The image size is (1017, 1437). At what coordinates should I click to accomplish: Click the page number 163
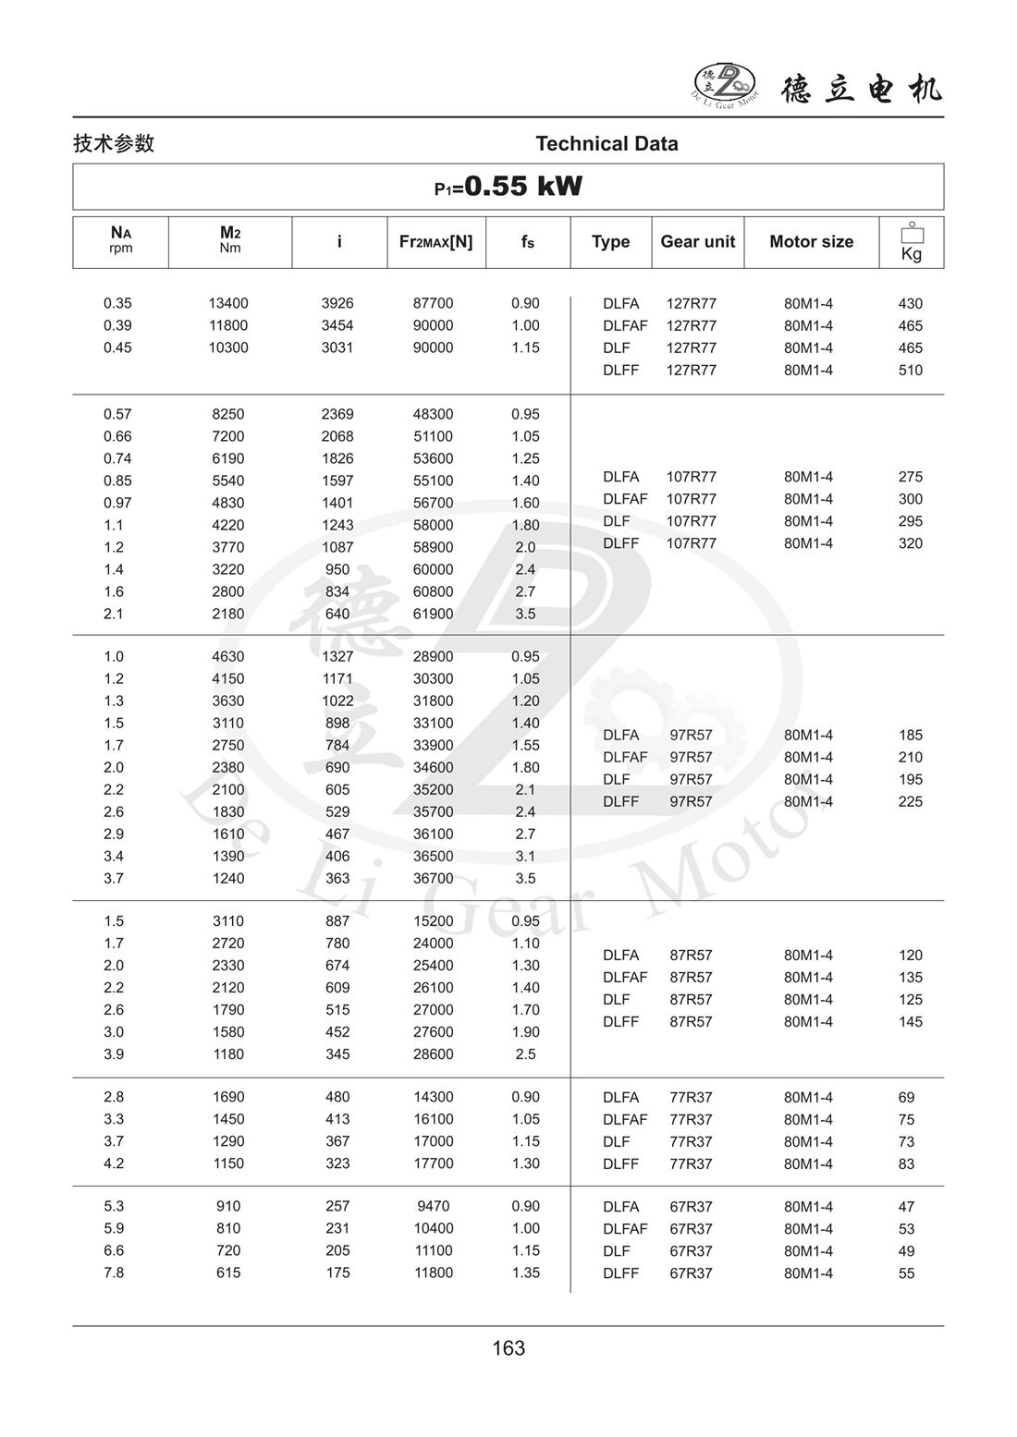click(x=508, y=1348)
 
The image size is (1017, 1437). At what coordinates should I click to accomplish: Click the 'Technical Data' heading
click(x=607, y=143)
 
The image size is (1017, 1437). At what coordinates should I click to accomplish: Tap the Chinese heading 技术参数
click(x=114, y=143)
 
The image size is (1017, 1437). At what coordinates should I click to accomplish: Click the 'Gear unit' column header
click(x=697, y=241)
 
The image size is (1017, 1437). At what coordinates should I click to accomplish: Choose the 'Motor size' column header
click(x=811, y=241)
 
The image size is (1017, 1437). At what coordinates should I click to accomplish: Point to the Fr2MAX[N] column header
click(x=435, y=241)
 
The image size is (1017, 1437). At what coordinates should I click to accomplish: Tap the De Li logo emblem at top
click(x=724, y=84)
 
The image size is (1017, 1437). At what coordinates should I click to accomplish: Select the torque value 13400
click(x=228, y=303)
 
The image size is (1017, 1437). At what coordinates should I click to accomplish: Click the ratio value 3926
click(x=337, y=303)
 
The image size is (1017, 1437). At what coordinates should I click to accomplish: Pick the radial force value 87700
click(x=433, y=303)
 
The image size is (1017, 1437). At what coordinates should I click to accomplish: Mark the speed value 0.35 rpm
click(x=117, y=303)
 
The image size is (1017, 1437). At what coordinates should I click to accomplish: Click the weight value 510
click(x=911, y=370)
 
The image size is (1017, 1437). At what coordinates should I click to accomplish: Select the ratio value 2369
click(x=337, y=414)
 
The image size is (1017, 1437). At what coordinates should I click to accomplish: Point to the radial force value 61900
click(x=433, y=614)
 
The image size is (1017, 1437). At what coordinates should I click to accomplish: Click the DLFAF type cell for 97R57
click(x=625, y=757)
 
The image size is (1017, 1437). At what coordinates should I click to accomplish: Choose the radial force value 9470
click(x=433, y=1206)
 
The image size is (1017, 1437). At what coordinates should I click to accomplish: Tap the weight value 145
click(x=911, y=1021)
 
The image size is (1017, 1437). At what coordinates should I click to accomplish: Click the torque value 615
click(x=228, y=1273)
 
